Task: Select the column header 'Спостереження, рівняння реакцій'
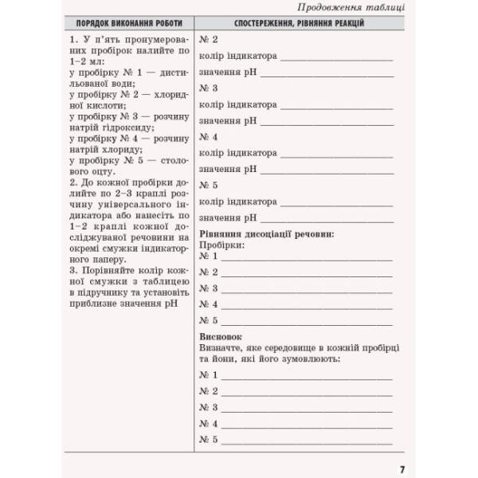click(x=299, y=24)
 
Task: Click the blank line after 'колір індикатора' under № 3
click(x=336, y=105)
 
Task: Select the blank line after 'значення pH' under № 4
click(x=327, y=170)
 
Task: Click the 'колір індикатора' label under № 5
click(x=238, y=202)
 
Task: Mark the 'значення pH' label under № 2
click(x=228, y=72)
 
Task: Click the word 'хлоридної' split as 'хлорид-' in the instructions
click(x=167, y=94)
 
